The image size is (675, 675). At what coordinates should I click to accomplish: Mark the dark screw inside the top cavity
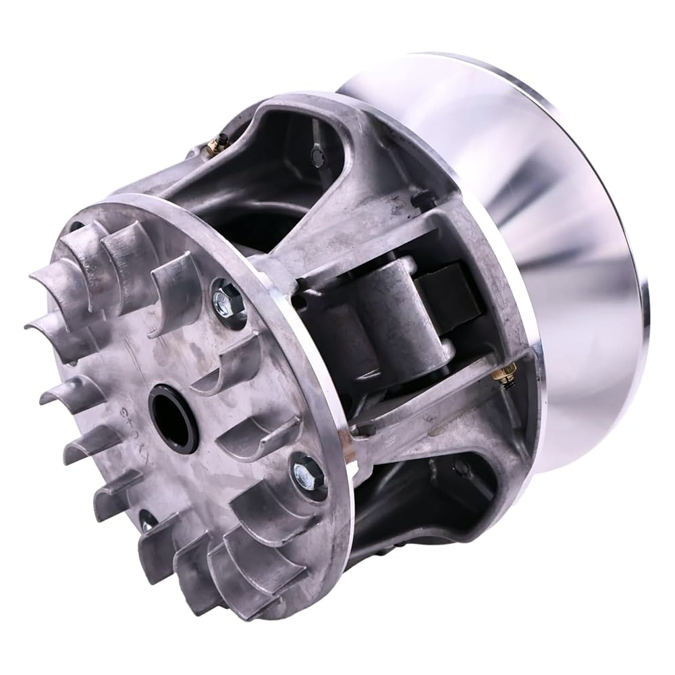point(318,156)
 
